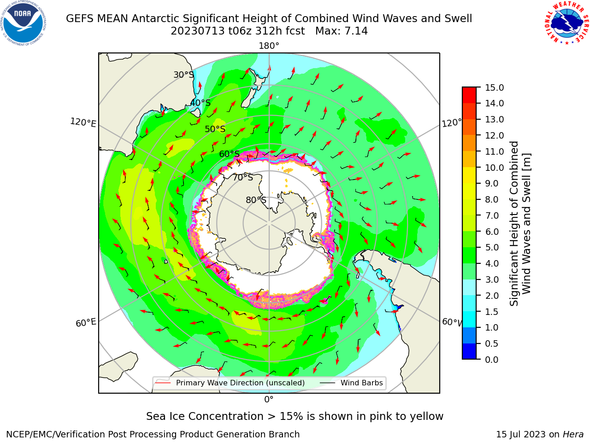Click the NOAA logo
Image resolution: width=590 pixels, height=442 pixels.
(24, 23)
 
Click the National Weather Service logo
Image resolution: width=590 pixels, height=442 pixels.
(566, 23)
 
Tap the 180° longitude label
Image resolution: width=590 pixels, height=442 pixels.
(269, 46)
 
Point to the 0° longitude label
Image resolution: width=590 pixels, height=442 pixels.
(269, 400)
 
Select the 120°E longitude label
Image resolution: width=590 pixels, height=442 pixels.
(83, 122)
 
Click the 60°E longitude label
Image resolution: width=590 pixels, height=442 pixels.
(86, 323)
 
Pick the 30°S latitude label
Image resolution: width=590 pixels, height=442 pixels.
(183, 75)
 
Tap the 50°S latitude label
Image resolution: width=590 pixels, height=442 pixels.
(215, 129)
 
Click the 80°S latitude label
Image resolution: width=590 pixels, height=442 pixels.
(256, 200)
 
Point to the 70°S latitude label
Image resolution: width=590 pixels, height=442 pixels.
(243, 177)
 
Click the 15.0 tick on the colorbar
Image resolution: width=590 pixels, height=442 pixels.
(494, 87)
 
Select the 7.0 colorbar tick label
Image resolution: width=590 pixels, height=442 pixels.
(492, 215)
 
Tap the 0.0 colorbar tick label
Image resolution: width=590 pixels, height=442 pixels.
(492, 360)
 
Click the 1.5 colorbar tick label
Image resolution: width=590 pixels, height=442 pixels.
(492, 312)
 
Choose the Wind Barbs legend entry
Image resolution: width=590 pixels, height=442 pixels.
(351, 383)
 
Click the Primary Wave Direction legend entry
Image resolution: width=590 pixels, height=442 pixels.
(230, 383)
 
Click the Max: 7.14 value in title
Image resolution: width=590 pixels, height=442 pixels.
(342, 31)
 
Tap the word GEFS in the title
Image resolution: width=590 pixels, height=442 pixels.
(80, 18)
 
